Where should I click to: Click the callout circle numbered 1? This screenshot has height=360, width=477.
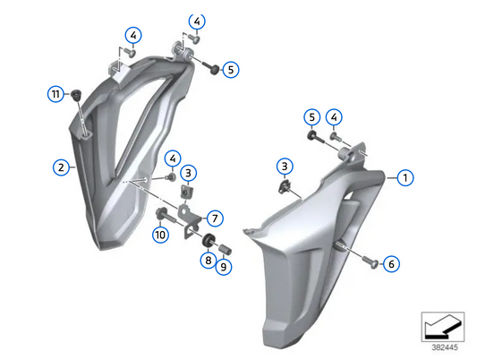pos(405,177)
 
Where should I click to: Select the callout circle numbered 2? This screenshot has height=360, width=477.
pos(61,167)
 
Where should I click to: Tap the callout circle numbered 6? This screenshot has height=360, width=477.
pos(393,263)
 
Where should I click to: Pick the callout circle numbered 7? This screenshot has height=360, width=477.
pos(215,218)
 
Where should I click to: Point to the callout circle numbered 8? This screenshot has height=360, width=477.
pos(208,261)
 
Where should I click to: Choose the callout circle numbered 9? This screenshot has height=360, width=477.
pos(224,266)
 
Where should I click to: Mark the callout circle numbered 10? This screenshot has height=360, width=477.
pos(160,235)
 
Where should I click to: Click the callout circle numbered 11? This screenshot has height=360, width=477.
pos(55,93)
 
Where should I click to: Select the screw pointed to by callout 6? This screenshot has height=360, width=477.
pos(371,262)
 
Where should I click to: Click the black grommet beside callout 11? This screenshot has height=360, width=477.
pos(76,93)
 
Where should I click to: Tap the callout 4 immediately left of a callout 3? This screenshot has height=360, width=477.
pos(172,159)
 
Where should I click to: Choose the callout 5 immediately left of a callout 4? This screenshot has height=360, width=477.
pos(311,116)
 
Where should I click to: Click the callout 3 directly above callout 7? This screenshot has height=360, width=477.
pos(189,172)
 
